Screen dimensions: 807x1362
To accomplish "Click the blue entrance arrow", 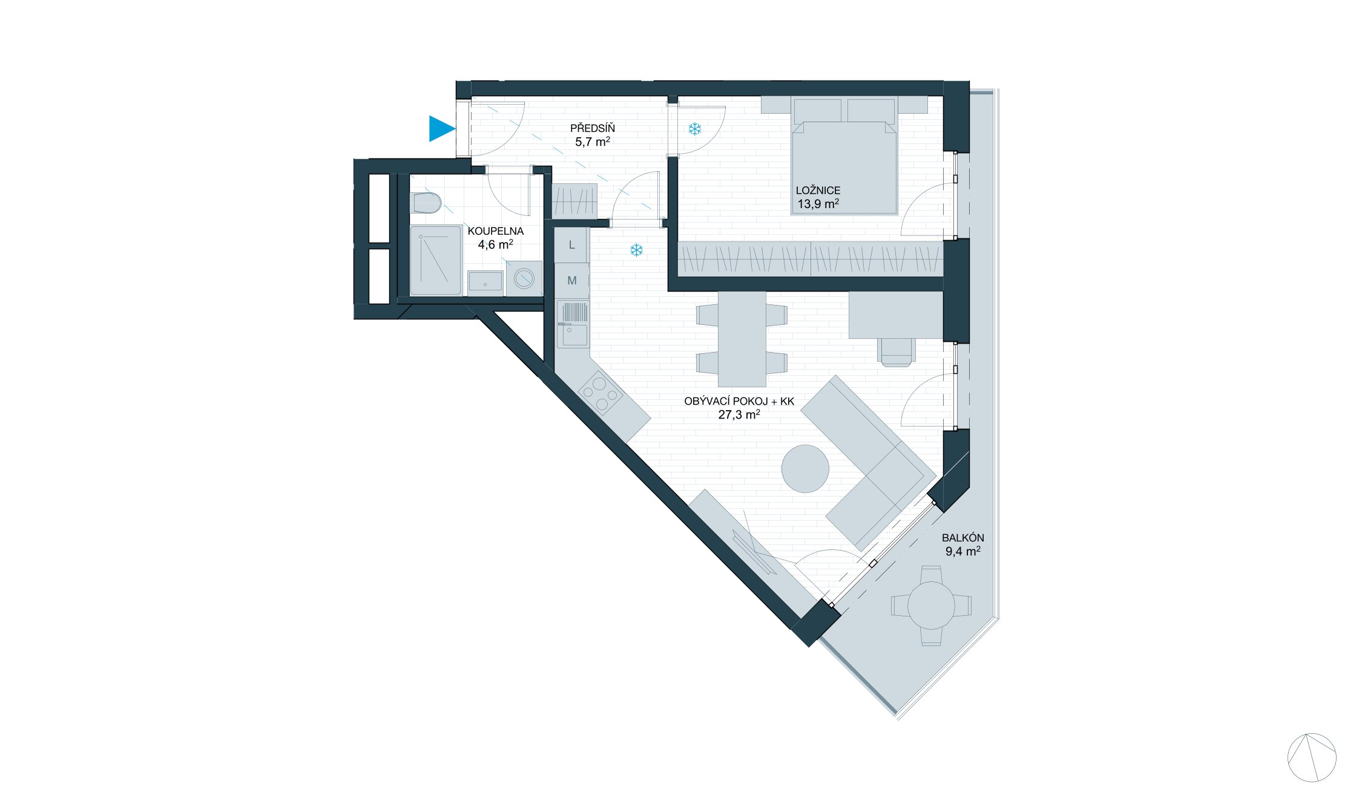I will pos(441,128).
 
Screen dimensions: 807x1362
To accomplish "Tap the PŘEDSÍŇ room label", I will pos(592,128).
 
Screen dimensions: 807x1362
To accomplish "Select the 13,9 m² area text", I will pos(818,204).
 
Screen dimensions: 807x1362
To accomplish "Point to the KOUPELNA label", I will pos(495,231).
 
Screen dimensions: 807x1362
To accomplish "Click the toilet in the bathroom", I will pos(426,203).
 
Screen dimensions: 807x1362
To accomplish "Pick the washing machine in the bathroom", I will pos(524,279).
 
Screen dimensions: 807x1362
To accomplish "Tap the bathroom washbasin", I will pos(485,282).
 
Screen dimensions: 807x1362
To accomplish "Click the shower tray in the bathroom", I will pos(435,260).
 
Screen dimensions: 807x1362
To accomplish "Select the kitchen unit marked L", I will pos(571,245).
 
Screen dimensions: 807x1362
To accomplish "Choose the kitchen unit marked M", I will pos(571,281).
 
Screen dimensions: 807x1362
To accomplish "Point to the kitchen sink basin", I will pos(572,335).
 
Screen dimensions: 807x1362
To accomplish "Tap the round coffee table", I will pos(805,469).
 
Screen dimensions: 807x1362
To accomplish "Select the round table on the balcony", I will pos(931,605).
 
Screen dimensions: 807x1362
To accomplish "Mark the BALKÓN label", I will pos(962,538).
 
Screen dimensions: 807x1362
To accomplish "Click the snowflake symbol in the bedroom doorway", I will pos(694,129).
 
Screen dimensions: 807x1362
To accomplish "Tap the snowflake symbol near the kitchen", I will pos(636,250).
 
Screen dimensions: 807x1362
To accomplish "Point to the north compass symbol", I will pos(1311,757).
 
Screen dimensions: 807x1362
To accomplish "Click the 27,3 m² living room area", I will pos(739,415).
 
